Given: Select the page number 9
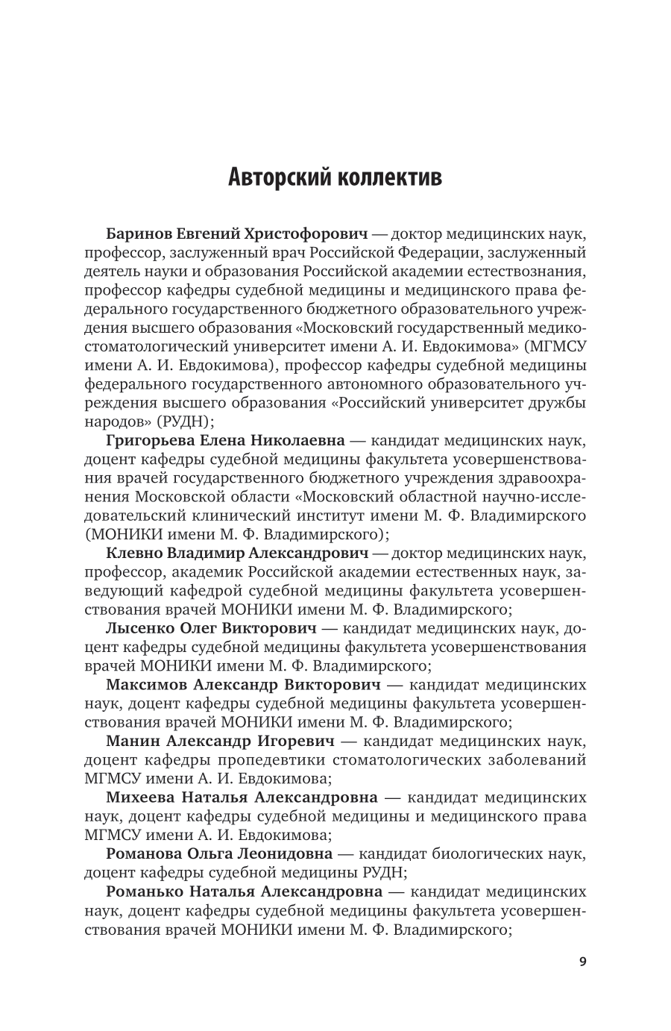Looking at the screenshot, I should tap(583, 962).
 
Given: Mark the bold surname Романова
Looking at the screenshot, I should tap(144, 853).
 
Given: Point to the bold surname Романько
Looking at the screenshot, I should tap(145, 891).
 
